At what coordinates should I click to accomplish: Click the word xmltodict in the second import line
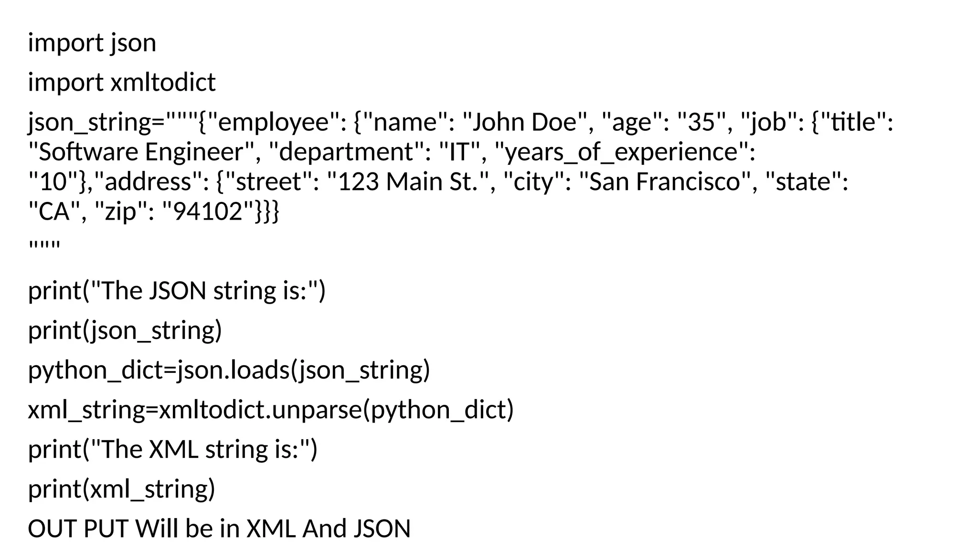click(163, 82)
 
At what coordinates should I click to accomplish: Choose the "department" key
click(346, 152)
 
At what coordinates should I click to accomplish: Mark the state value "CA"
click(54, 212)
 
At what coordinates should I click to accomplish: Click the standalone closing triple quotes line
click(44, 246)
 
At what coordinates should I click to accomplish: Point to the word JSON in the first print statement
click(177, 290)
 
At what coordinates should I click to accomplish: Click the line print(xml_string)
click(121, 489)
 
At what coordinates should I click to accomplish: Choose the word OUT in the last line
click(52, 529)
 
